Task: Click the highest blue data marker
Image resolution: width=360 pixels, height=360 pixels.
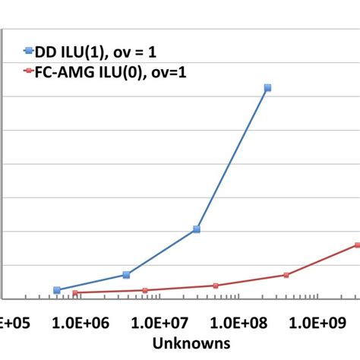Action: [267, 88]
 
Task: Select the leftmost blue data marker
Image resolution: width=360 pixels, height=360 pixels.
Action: [57, 290]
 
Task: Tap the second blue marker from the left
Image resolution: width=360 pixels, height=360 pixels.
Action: [126, 274]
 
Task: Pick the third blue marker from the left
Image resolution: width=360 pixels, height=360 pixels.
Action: [197, 229]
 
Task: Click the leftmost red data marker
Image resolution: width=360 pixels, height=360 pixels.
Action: [74, 292]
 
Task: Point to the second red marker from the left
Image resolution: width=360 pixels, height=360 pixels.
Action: [145, 290]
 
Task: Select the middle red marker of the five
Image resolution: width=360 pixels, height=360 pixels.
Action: [216, 286]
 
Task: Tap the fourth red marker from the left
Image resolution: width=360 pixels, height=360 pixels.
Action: [286, 275]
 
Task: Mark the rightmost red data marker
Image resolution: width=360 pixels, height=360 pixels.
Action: [357, 245]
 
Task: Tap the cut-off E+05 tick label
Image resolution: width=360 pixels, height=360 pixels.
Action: [13, 324]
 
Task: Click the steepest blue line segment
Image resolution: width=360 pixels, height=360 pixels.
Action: [232, 158]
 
